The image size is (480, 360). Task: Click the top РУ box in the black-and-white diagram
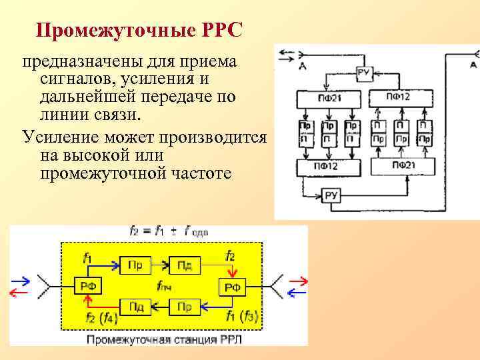pos(364,73)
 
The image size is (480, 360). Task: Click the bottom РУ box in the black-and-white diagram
pos(331,195)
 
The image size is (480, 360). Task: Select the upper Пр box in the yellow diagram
pos(135,265)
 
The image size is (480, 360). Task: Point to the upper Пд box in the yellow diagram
pos(185,265)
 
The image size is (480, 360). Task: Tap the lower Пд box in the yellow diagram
pos(136,307)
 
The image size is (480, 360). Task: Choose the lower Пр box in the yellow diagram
pos(185,307)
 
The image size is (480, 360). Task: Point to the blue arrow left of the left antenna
pos(20,280)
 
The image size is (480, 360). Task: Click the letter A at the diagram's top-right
pos(473,65)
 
